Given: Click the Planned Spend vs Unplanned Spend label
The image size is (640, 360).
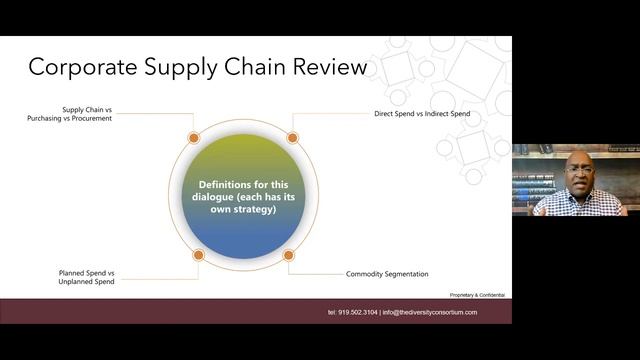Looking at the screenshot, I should [86, 277].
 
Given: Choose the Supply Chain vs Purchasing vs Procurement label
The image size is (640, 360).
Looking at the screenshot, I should [70, 113].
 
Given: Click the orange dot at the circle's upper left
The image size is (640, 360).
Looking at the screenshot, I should [194, 138].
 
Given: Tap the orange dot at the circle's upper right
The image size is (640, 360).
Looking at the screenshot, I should [293, 138].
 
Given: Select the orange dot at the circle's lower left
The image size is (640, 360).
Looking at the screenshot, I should [198, 255].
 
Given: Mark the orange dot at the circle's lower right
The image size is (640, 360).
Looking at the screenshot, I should [289, 255].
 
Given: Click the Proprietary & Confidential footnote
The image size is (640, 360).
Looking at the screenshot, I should [477, 295].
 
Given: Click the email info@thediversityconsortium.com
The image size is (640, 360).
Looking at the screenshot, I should [430, 312].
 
